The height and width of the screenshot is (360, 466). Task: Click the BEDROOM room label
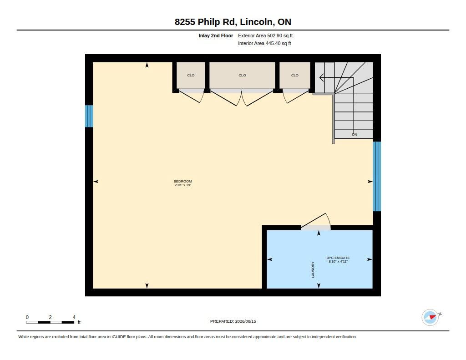click(183, 181)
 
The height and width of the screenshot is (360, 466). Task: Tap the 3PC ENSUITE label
click(338, 258)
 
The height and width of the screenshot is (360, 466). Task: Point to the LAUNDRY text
click(313, 270)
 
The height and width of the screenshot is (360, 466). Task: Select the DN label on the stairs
click(355, 134)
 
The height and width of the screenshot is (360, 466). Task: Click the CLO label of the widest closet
click(242, 75)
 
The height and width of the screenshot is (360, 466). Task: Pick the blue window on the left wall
click(89, 116)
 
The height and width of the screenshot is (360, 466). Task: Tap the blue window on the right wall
click(377, 176)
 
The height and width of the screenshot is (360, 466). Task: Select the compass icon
click(431, 317)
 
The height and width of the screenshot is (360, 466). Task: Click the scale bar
click(50, 322)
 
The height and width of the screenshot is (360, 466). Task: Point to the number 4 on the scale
click(74, 317)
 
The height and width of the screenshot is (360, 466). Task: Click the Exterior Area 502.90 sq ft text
click(265, 35)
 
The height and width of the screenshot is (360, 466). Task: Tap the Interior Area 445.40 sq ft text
click(264, 43)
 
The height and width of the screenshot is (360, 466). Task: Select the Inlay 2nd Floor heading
click(216, 35)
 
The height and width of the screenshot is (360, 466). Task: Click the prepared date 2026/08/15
click(245, 321)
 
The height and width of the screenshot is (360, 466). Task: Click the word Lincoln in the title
click(256, 22)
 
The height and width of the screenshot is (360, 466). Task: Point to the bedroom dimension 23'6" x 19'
click(183, 185)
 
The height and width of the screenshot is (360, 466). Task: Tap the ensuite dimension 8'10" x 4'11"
click(338, 262)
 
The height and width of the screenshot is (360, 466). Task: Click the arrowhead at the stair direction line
click(321, 77)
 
